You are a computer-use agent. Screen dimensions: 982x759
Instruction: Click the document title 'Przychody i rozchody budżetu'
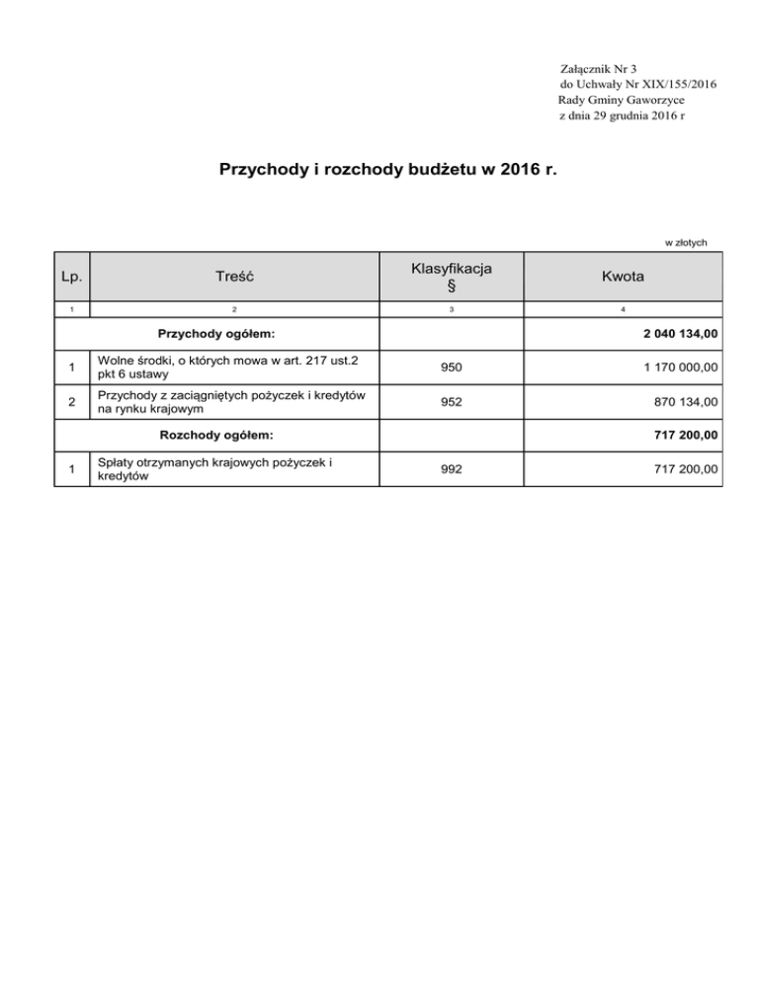(x=387, y=169)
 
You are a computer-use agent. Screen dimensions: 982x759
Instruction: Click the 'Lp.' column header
(x=71, y=279)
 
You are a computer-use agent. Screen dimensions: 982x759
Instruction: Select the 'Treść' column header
(x=234, y=279)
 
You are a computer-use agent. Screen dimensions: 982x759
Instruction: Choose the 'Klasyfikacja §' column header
(x=452, y=278)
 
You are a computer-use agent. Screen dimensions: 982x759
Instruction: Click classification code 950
(x=452, y=368)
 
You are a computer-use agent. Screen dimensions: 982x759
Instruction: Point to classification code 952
(x=452, y=402)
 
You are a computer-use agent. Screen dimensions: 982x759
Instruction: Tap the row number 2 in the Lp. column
(x=71, y=402)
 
